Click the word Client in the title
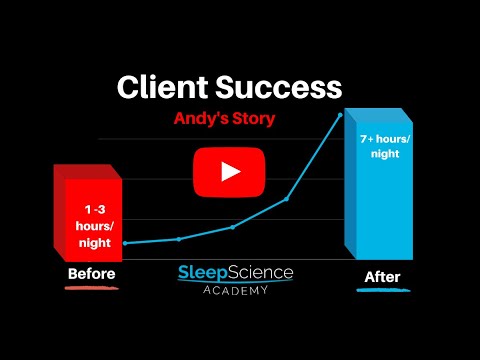(x=163, y=87)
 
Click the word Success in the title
(x=279, y=87)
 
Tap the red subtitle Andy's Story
(x=224, y=119)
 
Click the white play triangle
(x=231, y=172)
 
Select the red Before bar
(x=88, y=213)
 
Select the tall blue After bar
(x=379, y=184)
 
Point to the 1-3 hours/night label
(x=95, y=226)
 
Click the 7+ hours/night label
(x=385, y=146)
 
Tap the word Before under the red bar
(x=92, y=274)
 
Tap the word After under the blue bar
(x=382, y=277)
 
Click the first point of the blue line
(x=125, y=243)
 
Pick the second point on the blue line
(x=179, y=239)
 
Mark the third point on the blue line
(x=233, y=227)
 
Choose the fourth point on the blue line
(x=286, y=199)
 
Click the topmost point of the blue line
(x=340, y=115)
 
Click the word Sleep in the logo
(x=203, y=273)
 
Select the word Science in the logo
(x=261, y=272)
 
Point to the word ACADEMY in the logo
(x=235, y=290)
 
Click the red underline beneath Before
(x=92, y=288)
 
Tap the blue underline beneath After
(x=383, y=290)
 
